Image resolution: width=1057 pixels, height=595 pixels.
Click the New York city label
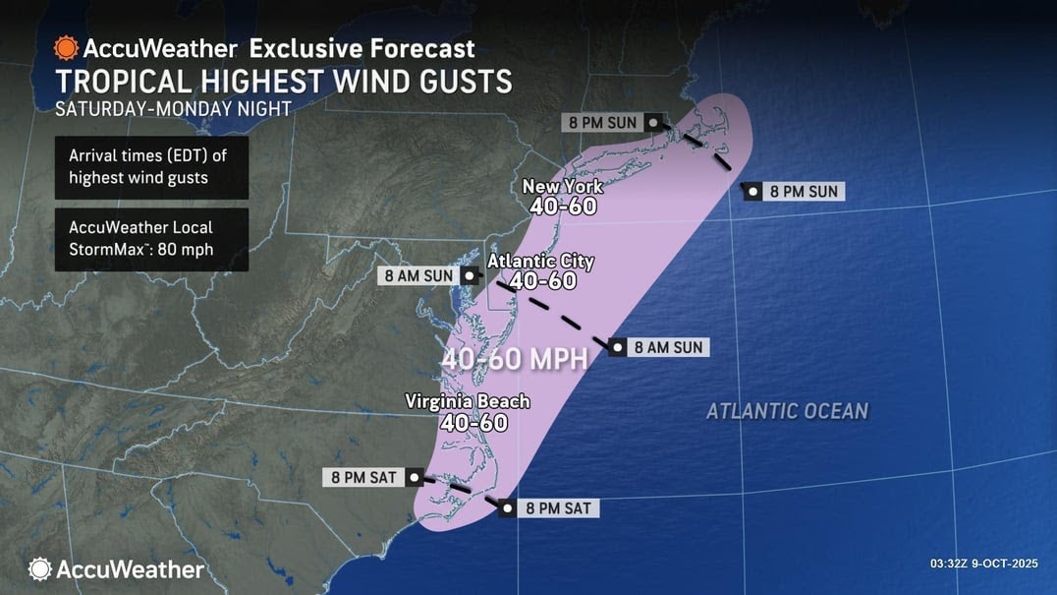tap(562, 186)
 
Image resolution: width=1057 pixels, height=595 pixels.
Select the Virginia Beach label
tap(468, 401)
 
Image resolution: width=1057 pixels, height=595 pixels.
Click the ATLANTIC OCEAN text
tap(787, 410)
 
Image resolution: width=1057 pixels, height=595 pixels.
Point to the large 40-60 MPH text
tap(514, 359)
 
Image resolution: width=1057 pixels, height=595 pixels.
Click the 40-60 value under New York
tap(562, 207)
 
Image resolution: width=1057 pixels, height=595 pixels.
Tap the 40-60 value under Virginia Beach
tap(473, 423)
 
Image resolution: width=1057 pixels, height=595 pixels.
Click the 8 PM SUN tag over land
tap(602, 123)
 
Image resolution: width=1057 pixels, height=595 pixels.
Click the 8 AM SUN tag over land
tap(418, 276)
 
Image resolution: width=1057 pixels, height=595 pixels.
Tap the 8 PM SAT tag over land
tap(362, 478)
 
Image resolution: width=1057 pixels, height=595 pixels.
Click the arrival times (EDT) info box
tap(150, 167)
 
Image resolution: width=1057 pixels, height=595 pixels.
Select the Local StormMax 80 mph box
tap(150, 239)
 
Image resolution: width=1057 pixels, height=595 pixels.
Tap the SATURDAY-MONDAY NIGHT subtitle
tap(173, 108)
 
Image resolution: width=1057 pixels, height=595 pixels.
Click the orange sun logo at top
tap(66, 47)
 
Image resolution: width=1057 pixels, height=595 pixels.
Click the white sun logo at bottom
tap(39, 568)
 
